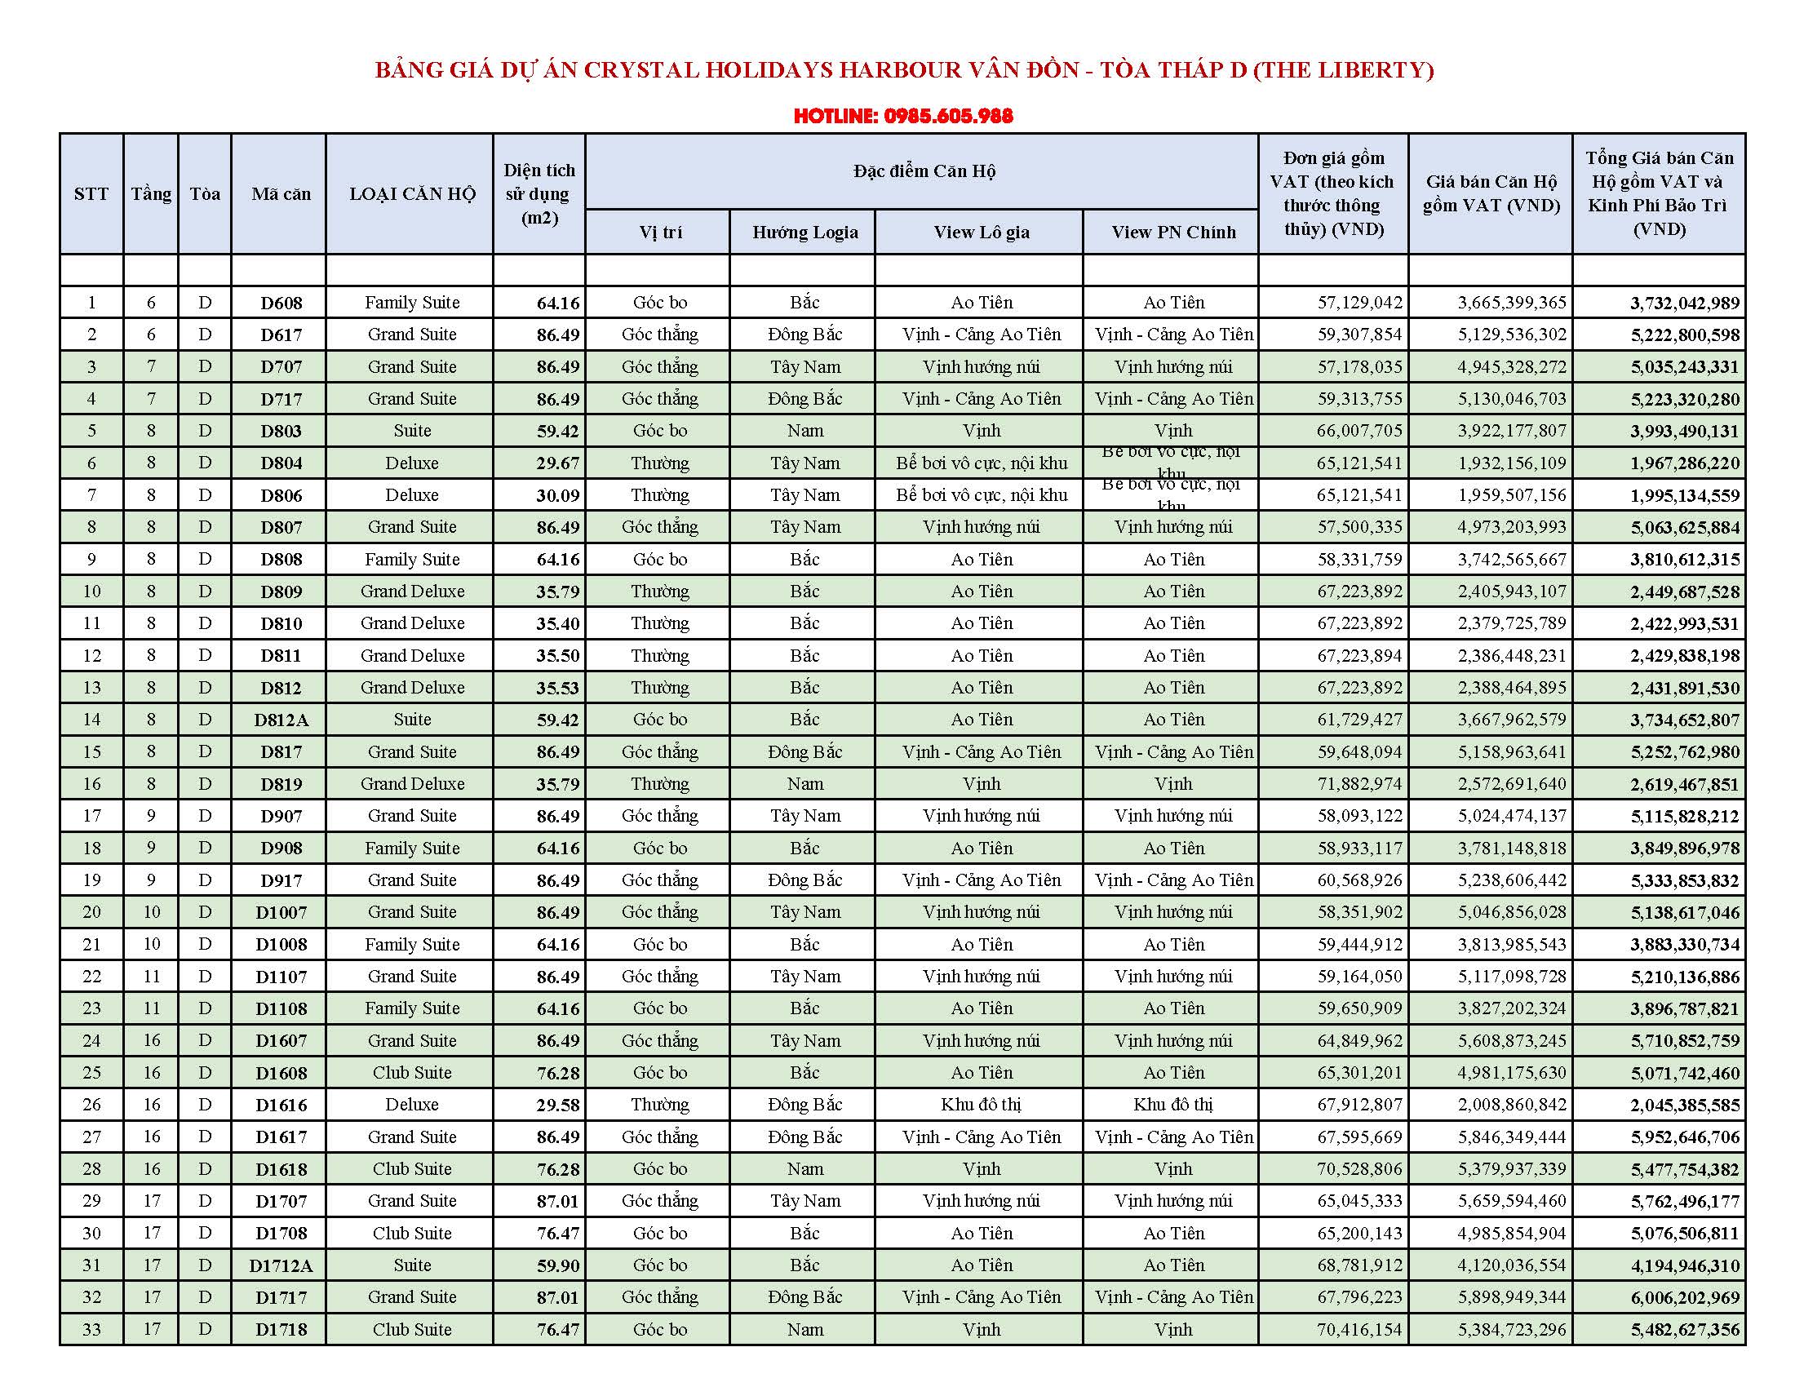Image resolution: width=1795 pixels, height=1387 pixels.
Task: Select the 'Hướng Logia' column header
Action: point(804,233)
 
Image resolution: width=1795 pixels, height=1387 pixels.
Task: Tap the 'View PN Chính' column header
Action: point(1172,233)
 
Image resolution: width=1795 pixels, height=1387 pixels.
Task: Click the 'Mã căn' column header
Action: point(281,194)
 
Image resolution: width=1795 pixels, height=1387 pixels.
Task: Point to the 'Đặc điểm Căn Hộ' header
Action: point(924,171)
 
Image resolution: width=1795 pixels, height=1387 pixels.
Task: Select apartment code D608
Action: point(281,304)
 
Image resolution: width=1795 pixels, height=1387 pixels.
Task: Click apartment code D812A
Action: point(281,720)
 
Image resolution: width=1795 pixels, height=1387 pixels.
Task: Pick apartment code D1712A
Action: point(281,1266)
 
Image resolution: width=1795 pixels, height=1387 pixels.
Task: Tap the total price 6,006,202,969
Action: point(1685,1298)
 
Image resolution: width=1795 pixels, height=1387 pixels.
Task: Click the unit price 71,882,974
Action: point(1359,785)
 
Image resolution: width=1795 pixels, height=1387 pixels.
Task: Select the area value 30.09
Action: point(557,495)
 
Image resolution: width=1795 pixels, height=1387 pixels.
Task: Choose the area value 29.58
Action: point(557,1106)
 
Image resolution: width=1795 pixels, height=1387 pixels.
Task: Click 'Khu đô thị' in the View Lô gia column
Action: point(981,1106)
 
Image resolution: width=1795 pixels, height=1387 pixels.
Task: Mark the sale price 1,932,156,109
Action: point(1511,463)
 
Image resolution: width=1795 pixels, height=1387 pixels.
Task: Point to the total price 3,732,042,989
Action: point(1685,304)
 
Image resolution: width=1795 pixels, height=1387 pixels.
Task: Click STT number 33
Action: point(91,1330)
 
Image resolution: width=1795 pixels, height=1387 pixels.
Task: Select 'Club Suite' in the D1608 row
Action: point(412,1073)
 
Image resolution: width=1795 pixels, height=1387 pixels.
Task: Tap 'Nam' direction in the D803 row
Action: point(804,431)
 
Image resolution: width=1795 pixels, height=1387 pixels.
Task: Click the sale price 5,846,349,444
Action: point(1511,1138)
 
